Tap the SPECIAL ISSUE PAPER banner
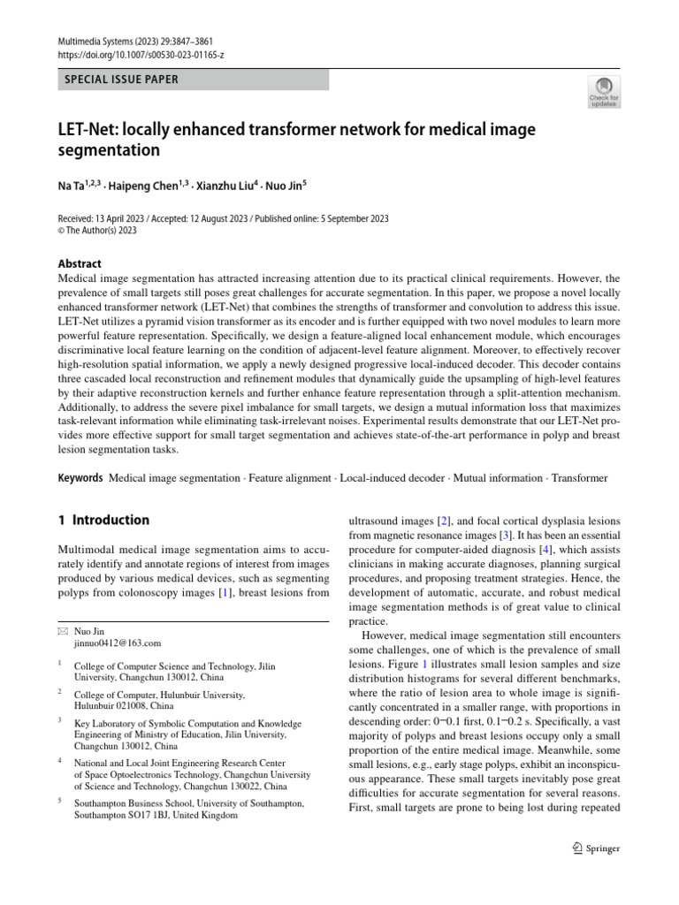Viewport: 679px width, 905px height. click(121, 80)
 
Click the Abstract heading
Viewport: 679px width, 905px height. click(79, 263)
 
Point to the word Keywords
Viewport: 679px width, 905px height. click(80, 478)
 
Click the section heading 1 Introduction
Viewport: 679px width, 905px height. click(103, 520)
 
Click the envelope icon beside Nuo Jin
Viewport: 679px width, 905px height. click(61, 631)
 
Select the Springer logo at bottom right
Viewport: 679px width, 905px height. click(591, 848)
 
